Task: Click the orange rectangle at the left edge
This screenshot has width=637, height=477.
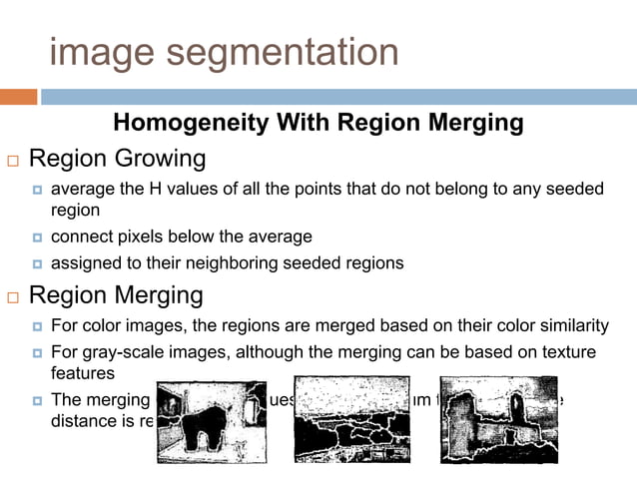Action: [18, 97]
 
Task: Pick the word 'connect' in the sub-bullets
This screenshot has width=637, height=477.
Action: [82, 237]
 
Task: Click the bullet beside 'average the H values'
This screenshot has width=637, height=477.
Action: [37, 190]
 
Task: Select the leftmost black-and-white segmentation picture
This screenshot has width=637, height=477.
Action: [213, 420]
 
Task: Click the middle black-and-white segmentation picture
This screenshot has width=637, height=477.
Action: [350, 419]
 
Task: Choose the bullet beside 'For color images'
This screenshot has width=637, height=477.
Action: [37, 326]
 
